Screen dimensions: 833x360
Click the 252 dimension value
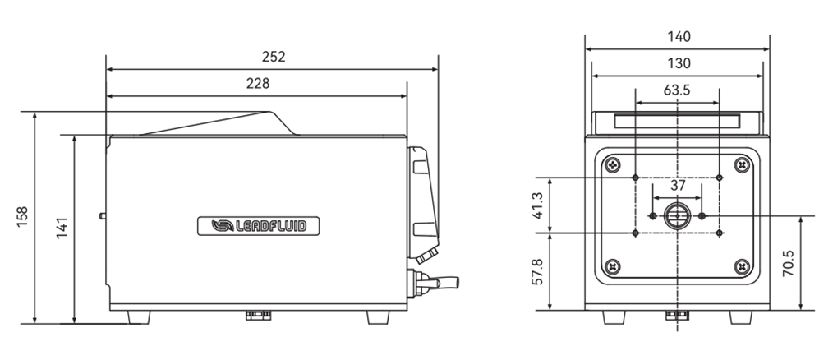pyautogui.click(x=274, y=57)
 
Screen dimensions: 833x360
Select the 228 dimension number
pyautogui.click(x=258, y=84)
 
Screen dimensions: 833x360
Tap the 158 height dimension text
pyautogui.click(x=22, y=216)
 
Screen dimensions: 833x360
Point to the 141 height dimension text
pyautogui.click(x=62, y=228)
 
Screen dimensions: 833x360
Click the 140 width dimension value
pyautogui.click(x=679, y=37)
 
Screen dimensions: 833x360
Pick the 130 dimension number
pyautogui.click(x=679, y=63)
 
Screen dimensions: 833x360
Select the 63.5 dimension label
pyautogui.click(x=676, y=90)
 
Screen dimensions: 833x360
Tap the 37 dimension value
pyautogui.click(x=678, y=186)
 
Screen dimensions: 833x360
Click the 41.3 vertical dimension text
pyautogui.click(x=537, y=205)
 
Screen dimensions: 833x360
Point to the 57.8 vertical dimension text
pyautogui.click(x=537, y=271)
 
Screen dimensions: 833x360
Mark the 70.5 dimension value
pyautogui.click(x=788, y=262)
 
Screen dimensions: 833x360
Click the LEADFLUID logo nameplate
pyautogui.click(x=259, y=226)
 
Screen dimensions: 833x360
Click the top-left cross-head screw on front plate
pyautogui.click(x=614, y=165)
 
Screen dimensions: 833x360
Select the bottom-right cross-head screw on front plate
pyautogui.click(x=742, y=265)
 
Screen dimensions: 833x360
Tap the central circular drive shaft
pyautogui.click(x=678, y=215)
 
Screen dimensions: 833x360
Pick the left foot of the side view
pyautogui.click(x=139, y=317)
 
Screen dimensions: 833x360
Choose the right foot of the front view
pyautogui.click(x=740, y=317)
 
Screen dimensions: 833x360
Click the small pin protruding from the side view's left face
pyautogui.click(x=103, y=216)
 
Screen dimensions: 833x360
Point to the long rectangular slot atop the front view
pyautogui.click(x=677, y=122)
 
